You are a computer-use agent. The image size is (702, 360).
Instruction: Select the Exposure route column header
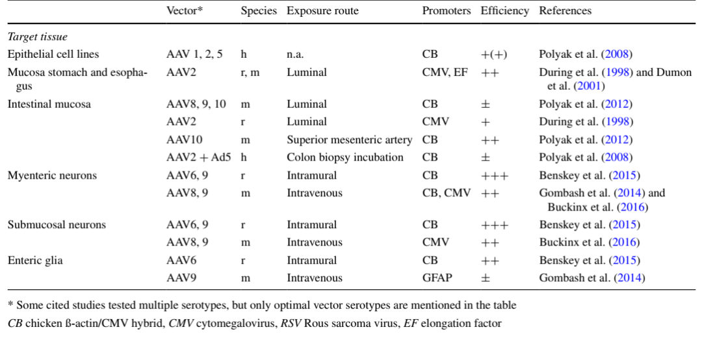[322, 11]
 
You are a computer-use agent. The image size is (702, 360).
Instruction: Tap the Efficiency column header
[504, 11]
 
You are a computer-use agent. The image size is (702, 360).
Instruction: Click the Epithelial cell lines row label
[53, 55]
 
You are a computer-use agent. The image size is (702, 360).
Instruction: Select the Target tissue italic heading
[37, 37]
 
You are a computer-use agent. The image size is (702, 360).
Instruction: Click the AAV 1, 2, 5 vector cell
[194, 55]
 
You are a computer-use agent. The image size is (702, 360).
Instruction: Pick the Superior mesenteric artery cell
[350, 140]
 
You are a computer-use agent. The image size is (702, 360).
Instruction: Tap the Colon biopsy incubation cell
[345, 157]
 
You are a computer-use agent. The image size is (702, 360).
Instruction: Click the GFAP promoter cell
[436, 278]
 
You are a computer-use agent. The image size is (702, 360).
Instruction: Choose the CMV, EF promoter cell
[445, 73]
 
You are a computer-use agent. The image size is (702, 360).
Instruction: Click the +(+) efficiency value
[495, 55]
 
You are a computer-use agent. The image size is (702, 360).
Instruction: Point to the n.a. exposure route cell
[296, 55]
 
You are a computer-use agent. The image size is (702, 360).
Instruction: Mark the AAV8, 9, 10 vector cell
[196, 104]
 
